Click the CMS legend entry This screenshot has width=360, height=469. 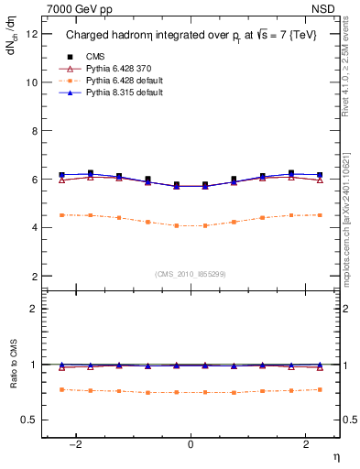pos(94,56)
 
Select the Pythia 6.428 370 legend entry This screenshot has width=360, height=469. pos(118,68)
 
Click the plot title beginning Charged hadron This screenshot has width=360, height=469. pos(190,35)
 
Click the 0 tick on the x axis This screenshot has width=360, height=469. pos(191,444)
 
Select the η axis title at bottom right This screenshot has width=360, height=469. pos(335,457)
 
